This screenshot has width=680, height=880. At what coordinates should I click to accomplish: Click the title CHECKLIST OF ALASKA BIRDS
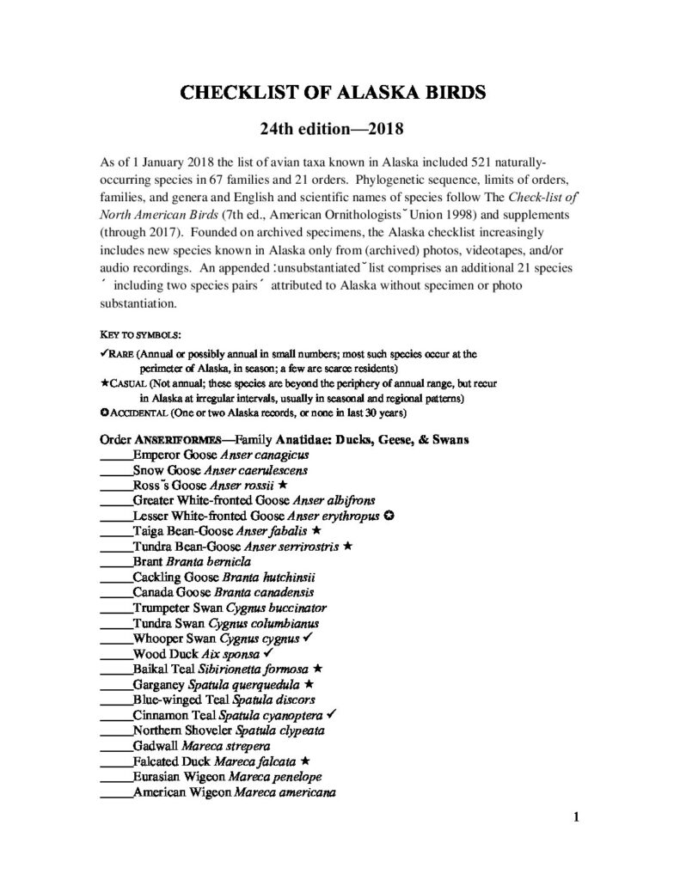tap(339, 92)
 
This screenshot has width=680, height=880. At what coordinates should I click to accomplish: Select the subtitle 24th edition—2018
tap(339, 131)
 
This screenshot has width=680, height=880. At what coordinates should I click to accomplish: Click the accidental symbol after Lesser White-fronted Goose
tap(389, 516)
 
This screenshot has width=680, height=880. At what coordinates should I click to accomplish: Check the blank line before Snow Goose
tap(116, 471)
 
